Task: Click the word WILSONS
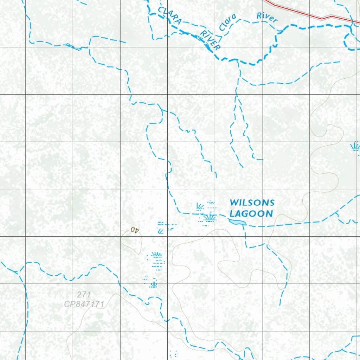coord(252,202)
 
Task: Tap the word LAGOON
coord(251,213)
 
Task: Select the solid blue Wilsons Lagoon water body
coord(237,221)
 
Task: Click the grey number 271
coord(84,295)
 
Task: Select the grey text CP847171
coord(84,304)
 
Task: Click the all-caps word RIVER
coord(210,40)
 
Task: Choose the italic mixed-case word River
coord(267,17)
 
